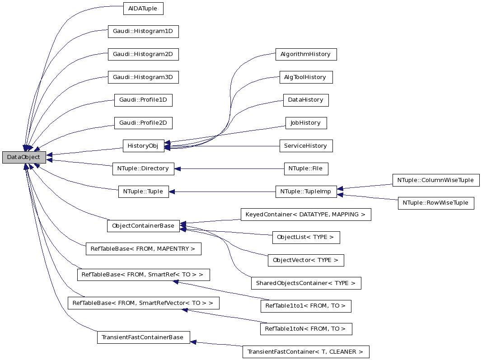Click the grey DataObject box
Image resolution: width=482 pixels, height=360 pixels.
pyautogui.click(x=24, y=157)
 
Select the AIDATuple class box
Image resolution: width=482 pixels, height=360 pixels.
pyautogui.click(x=143, y=9)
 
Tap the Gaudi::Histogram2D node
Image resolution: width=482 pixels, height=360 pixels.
pyautogui.click(x=143, y=54)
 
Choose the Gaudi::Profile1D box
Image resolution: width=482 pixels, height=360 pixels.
pyautogui.click(x=143, y=100)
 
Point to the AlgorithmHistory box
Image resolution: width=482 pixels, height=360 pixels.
pyautogui.click(x=306, y=54)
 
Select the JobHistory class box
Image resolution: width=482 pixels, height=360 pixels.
pyautogui.click(x=306, y=122)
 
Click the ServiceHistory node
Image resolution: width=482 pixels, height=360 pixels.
pyautogui.click(x=306, y=145)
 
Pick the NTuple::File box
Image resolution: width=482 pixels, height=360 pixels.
pyautogui.click(x=306, y=168)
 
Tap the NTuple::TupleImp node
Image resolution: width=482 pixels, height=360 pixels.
pyautogui.click(x=306, y=192)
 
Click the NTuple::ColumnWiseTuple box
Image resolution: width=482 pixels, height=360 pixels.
pyautogui.click(x=435, y=180)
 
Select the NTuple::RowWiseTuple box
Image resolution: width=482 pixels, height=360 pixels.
pyautogui.click(x=435, y=203)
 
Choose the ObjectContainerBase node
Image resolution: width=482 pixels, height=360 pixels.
pyautogui.click(x=143, y=226)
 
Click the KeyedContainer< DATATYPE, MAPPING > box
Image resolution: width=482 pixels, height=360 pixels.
pyautogui.click(x=306, y=214)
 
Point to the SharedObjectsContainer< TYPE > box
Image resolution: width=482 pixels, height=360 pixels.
pyautogui.click(x=306, y=283)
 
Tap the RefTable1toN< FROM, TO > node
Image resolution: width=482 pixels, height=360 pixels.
pyautogui.click(x=306, y=328)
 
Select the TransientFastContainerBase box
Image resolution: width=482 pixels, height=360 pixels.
pyautogui.click(x=143, y=337)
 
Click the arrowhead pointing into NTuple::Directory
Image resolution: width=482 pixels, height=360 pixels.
pyautogui.click(x=178, y=168)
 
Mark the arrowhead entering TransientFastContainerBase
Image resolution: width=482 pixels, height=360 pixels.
pyautogui.click(x=193, y=342)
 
